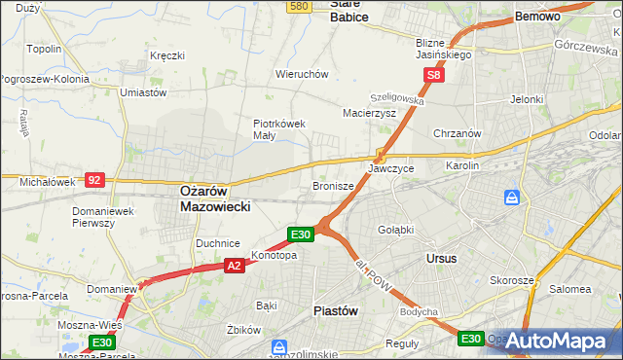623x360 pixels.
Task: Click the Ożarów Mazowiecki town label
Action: [215, 198]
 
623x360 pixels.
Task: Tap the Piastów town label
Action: [337, 310]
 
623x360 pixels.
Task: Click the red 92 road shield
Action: [93, 180]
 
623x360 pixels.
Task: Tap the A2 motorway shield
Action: [234, 265]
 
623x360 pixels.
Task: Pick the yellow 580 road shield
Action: [300, 6]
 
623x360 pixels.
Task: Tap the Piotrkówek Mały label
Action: [279, 129]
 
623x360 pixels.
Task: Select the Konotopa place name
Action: [274, 256]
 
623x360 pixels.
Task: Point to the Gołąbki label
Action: [395, 230]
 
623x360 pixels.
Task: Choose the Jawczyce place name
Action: [391, 168]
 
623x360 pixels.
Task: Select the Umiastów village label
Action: [143, 92]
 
